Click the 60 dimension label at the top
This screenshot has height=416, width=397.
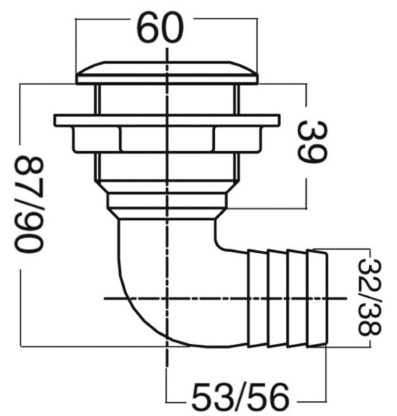point(160,28)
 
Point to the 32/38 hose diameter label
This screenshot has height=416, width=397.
point(369,297)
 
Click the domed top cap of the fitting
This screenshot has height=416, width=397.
point(167,73)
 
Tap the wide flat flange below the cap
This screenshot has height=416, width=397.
point(167,120)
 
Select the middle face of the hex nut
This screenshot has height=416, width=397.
point(167,139)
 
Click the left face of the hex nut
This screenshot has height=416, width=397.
point(97,139)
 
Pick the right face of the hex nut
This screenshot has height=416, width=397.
point(237,139)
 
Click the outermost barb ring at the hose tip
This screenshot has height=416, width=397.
point(317,298)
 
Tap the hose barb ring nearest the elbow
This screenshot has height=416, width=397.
point(257,298)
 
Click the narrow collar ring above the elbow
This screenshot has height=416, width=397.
point(167,201)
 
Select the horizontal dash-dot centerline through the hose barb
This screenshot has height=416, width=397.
point(226,298)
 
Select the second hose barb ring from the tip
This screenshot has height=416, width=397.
point(297,298)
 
